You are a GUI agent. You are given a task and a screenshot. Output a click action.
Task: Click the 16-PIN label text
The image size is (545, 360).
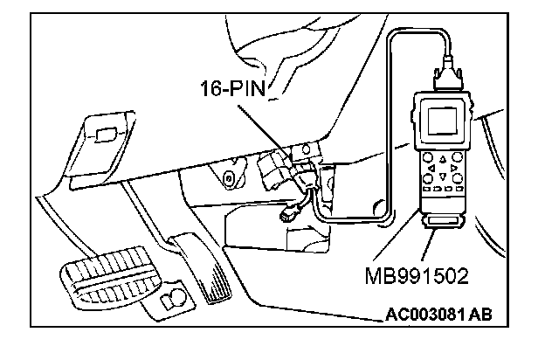[229, 91]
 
